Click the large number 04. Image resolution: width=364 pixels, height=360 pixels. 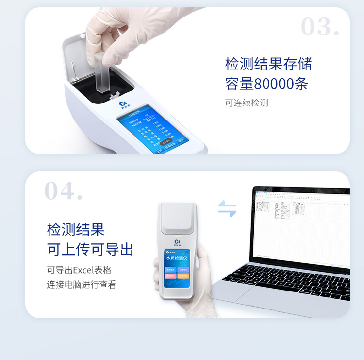pyautogui.click(x=63, y=191)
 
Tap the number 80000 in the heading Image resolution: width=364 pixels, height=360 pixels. pyautogui.click(x=274, y=84)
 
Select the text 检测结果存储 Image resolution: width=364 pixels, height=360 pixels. pyautogui.click(x=268, y=64)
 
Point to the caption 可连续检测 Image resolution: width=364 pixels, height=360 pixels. pyautogui.click(x=246, y=103)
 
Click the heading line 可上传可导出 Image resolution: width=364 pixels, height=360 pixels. pyautogui.click(x=90, y=249)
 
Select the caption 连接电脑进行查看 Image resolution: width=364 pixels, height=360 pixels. pyautogui.click(x=81, y=285)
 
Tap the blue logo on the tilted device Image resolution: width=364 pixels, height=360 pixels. pyautogui.click(x=123, y=103)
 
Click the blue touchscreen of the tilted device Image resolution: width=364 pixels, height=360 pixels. pyautogui.click(x=151, y=130)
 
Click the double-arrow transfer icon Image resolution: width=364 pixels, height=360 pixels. pyautogui.click(x=227, y=208)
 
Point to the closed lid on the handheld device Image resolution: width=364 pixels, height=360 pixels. pyautogui.click(x=178, y=218)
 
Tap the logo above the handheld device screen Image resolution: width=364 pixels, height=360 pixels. pyautogui.click(x=177, y=241)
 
